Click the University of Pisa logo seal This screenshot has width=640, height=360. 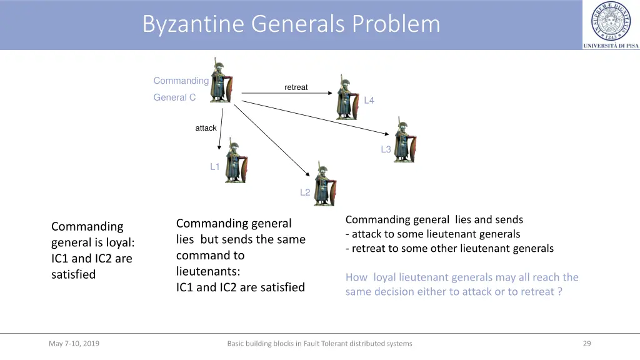[611, 21]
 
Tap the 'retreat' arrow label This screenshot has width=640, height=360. [296, 87]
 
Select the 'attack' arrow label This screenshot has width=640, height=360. [206, 128]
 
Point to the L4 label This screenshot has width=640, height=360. [369, 101]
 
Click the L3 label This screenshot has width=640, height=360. [386, 149]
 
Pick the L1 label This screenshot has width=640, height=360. [214, 167]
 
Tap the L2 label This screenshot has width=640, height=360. [305, 192]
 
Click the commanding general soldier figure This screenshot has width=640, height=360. [221, 81]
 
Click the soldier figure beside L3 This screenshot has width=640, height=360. [404, 140]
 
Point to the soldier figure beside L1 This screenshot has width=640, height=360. [236, 161]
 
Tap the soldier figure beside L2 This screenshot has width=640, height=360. [325, 184]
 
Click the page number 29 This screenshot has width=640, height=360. [586, 343]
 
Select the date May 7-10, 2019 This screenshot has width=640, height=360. [74, 343]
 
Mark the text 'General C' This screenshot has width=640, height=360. [174, 97]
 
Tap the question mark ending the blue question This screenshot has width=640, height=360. [559, 292]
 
